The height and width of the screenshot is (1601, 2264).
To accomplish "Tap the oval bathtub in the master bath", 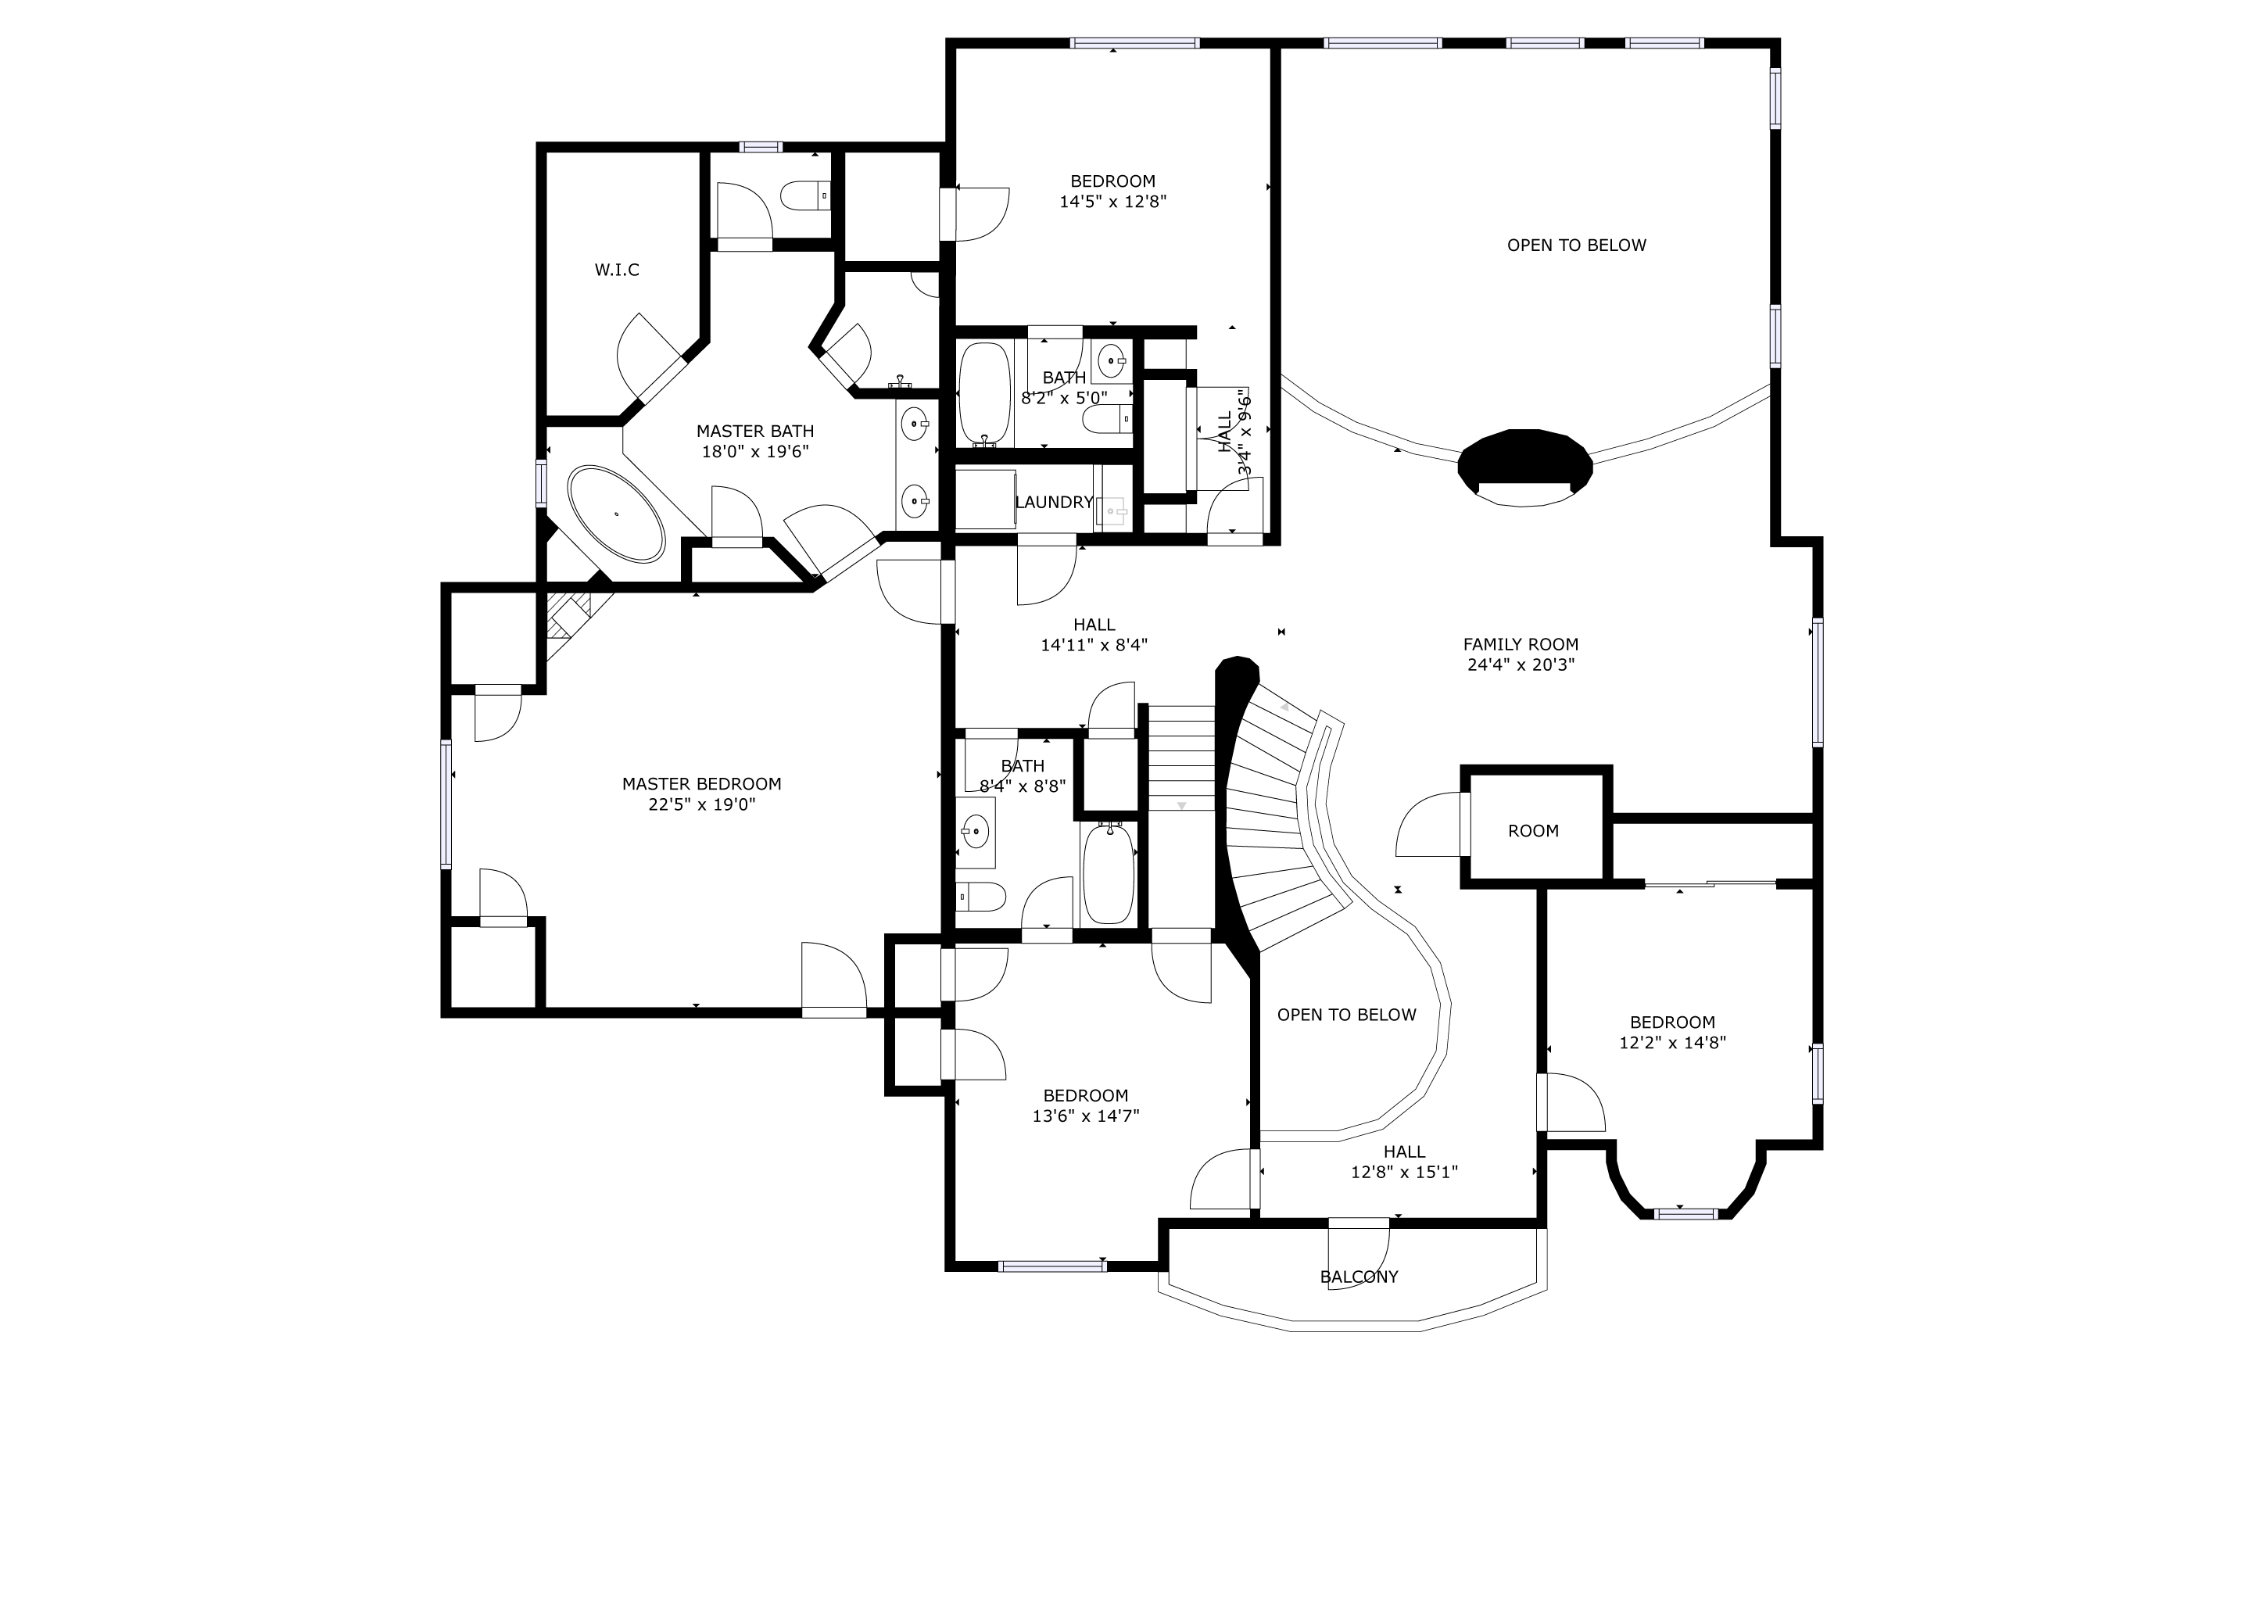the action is click(616, 514).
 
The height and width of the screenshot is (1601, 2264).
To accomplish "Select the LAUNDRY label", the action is click(1054, 503).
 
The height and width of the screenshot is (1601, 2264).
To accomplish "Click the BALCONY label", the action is click(1359, 1277).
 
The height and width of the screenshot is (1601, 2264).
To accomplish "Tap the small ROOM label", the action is click(1533, 831).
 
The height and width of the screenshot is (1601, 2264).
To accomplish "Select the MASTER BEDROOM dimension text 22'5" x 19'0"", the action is click(702, 804).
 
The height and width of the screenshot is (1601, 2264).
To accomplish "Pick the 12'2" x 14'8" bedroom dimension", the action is click(1672, 1043).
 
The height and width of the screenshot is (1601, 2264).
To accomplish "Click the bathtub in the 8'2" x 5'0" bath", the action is click(985, 393).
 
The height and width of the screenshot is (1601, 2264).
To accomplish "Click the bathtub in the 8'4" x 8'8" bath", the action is click(1109, 873).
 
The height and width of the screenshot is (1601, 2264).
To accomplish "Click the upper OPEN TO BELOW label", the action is click(1577, 245).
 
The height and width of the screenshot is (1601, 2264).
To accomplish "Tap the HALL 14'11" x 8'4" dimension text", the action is click(1094, 646).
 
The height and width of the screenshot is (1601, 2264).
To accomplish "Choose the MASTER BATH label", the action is click(755, 431).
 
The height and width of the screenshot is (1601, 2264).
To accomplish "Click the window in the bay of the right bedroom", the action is click(1685, 1213).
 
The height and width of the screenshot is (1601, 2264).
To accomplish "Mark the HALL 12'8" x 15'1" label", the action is click(1404, 1162).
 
